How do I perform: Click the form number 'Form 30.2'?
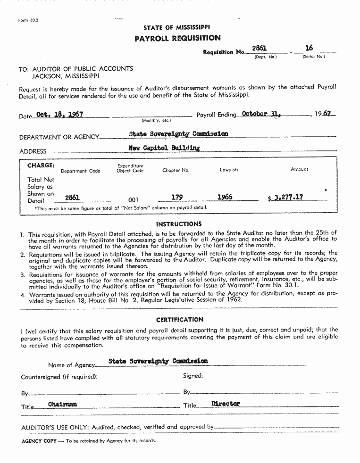tap(28, 20)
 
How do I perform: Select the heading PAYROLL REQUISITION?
tap(177, 38)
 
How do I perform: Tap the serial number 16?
tap(309, 48)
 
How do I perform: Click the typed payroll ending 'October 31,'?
tap(261, 114)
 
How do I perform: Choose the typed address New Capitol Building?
tap(164, 148)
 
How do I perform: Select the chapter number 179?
tap(177, 198)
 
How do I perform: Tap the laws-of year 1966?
tap(225, 198)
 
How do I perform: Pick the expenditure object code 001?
tap(133, 200)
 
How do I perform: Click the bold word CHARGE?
tap(41, 166)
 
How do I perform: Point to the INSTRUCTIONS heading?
tap(178, 224)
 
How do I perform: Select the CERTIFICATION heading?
tap(179, 319)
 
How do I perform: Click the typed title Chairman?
tap(63, 404)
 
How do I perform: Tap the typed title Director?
tap(226, 404)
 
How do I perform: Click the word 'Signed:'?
tap(193, 376)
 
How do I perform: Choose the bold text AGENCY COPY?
tap(39, 441)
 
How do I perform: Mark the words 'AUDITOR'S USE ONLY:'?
tap(55, 427)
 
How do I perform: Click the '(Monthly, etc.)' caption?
tap(156, 121)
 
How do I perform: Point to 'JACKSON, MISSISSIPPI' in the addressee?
tap(65, 76)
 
